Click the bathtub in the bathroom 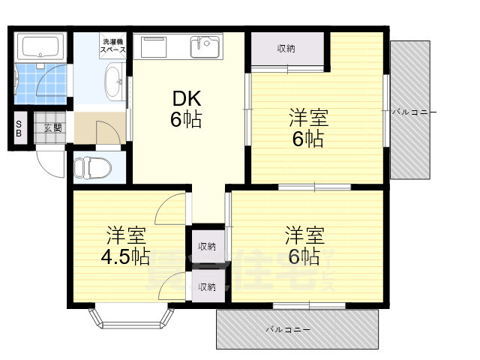(41, 46)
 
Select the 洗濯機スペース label (113, 45)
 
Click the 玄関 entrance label (52, 127)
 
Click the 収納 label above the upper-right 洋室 (286, 49)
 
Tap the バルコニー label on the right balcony (413, 112)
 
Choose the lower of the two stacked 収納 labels (207, 286)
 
